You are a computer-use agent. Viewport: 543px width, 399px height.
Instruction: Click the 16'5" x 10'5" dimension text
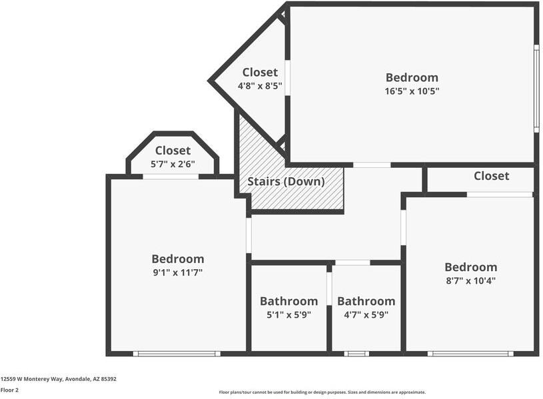tap(412, 91)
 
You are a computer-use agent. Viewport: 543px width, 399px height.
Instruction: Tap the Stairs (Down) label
tap(286, 181)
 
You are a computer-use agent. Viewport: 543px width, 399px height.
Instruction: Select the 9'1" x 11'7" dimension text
tap(177, 272)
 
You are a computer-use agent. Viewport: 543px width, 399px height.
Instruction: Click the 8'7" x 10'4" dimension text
tap(470, 280)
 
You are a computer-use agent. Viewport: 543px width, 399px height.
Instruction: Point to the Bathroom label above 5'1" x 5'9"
tap(288, 301)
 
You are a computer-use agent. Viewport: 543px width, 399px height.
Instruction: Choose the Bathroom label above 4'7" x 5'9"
tap(366, 301)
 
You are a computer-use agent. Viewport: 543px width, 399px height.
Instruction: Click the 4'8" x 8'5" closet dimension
tap(260, 86)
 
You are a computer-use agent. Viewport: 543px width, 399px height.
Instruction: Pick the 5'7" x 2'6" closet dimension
tap(173, 165)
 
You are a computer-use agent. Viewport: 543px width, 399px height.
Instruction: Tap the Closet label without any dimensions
tap(491, 176)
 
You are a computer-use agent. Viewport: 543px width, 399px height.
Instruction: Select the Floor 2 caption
tap(9, 390)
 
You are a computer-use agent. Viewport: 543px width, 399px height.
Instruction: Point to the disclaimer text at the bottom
tap(322, 392)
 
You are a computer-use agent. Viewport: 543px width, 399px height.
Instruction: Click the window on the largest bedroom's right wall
tap(536, 88)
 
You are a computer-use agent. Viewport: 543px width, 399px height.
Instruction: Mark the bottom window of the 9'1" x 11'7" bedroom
tap(177, 354)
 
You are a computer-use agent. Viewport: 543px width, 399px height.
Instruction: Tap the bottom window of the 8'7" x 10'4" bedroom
tap(470, 354)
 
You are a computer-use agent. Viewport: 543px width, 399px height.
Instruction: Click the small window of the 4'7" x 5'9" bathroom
tap(356, 354)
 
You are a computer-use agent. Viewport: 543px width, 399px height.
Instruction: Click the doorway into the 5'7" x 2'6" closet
tap(171, 177)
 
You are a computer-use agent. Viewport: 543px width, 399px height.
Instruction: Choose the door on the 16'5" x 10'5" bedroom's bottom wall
tap(372, 165)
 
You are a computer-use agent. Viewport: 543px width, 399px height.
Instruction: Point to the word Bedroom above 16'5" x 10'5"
tap(412, 77)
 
